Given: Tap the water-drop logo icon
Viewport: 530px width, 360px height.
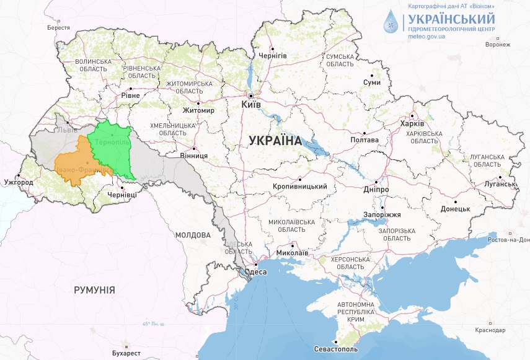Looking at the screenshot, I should point(392,21).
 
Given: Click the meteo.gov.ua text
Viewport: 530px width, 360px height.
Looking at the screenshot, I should point(427,36).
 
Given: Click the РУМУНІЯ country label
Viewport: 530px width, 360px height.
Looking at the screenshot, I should point(94,289).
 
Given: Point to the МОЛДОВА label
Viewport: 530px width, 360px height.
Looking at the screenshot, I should point(193,235).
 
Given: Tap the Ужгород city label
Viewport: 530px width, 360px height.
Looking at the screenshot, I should point(18,183).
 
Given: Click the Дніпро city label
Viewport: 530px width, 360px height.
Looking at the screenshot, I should point(376,188).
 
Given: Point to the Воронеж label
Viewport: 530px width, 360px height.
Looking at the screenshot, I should point(498,45).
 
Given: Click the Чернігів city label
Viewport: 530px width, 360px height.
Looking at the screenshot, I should point(273,56).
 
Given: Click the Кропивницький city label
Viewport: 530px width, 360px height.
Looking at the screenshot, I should point(299,186).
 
